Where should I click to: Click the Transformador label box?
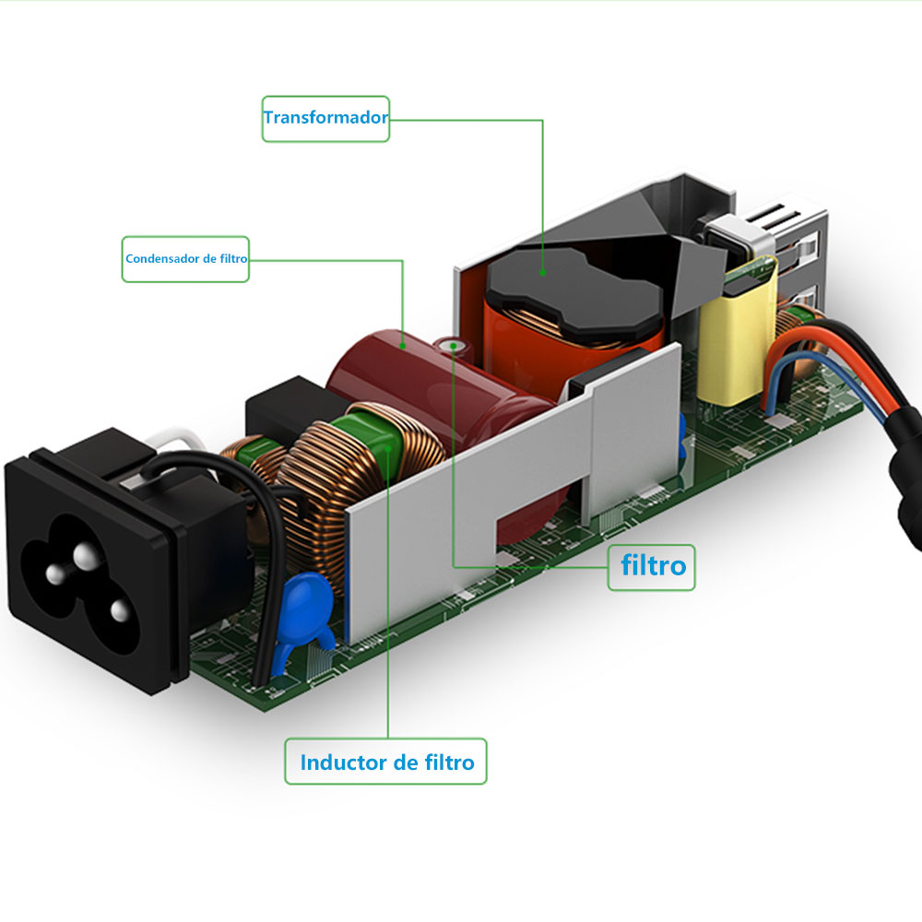pyautogui.click(x=325, y=118)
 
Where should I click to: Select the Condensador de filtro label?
pyautogui.click(x=185, y=259)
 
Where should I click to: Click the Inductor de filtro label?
pyautogui.click(x=385, y=762)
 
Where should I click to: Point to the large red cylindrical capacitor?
pyautogui.click(x=387, y=369)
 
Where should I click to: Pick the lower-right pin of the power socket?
pyautogui.click(x=117, y=610)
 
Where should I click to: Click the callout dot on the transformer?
pyautogui.click(x=542, y=272)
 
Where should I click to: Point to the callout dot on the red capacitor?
pyautogui.click(x=403, y=344)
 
